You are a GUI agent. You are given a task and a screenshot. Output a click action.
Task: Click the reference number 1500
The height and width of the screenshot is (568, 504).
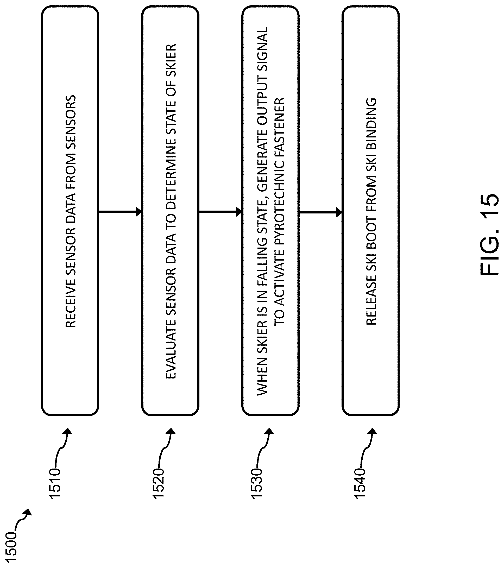(11, 547)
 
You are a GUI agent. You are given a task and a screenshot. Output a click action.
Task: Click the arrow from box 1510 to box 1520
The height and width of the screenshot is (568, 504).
(120, 212)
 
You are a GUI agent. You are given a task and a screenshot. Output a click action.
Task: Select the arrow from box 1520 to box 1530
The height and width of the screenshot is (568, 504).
(220, 212)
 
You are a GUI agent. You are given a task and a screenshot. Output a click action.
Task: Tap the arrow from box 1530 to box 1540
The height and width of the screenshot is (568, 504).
(320, 213)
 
